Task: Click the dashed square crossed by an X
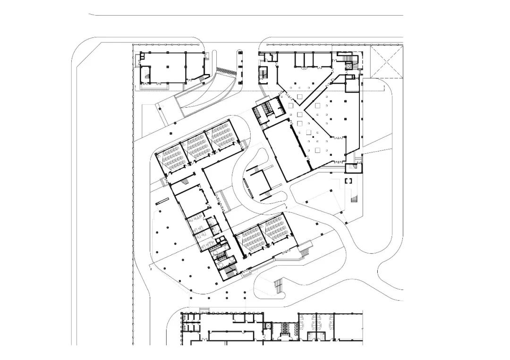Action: (x=387, y=61)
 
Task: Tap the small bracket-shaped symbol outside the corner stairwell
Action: (x=349, y=181)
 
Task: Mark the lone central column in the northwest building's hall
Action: (x=169, y=67)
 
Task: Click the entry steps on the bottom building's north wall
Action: (x=204, y=310)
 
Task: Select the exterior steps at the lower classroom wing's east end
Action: (x=306, y=249)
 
